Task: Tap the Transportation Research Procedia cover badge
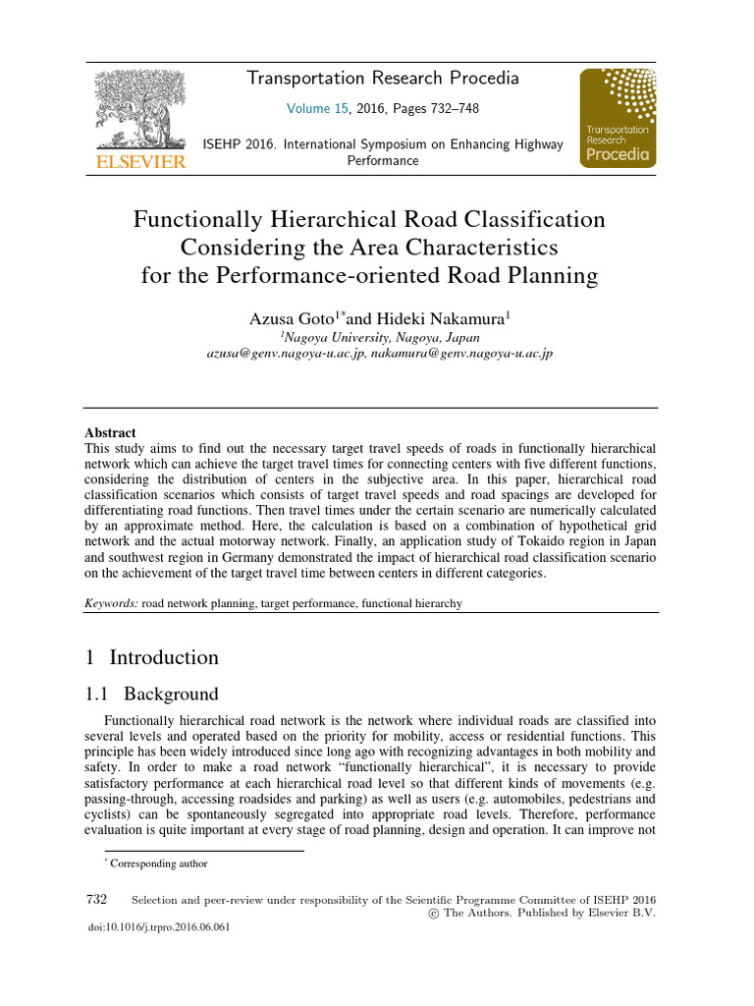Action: point(616,118)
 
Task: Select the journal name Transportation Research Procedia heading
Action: point(383,79)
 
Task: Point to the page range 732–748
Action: point(450,109)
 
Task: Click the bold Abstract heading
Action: point(110,432)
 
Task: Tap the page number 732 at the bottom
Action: point(97,899)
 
